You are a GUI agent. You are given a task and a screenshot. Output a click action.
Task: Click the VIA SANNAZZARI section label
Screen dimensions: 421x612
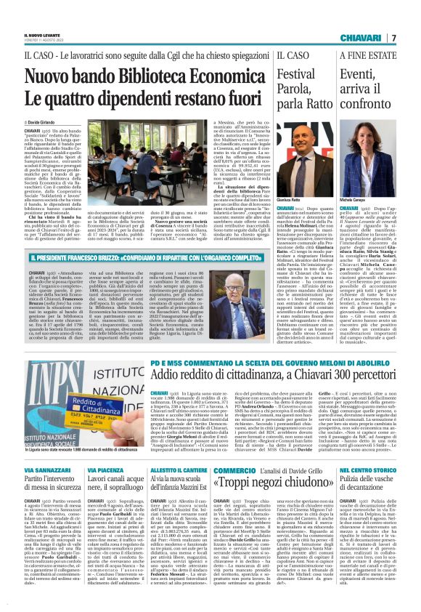coord(46,451)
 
